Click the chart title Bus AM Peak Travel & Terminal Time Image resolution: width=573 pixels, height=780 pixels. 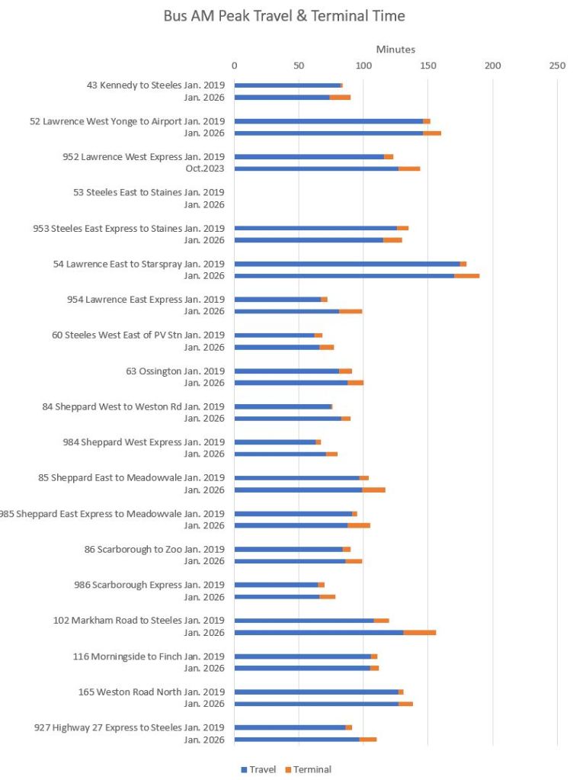(x=284, y=16)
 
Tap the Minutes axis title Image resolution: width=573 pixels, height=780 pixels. (x=395, y=50)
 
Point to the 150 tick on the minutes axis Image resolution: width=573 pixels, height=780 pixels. (x=427, y=65)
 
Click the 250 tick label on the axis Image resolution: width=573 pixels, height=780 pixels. (x=557, y=65)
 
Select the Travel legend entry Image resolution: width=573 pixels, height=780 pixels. (x=258, y=769)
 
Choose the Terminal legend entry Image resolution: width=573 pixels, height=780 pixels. (x=308, y=769)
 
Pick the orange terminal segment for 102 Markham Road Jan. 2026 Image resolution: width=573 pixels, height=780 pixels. (x=420, y=632)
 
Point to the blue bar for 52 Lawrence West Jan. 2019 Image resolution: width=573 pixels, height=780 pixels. (x=328, y=121)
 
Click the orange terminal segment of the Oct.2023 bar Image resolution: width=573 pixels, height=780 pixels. (x=409, y=169)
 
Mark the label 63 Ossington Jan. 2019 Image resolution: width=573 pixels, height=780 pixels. (x=175, y=371)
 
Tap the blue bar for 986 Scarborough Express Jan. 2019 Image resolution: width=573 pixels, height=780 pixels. (x=276, y=585)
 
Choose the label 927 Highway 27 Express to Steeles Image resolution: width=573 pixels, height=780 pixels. (x=130, y=727)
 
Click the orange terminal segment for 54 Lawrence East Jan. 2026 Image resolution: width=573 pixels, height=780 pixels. (x=466, y=275)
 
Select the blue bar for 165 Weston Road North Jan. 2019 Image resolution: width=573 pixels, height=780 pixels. (x=316, y=692)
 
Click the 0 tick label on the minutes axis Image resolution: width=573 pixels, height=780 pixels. (x=234, y=65)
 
